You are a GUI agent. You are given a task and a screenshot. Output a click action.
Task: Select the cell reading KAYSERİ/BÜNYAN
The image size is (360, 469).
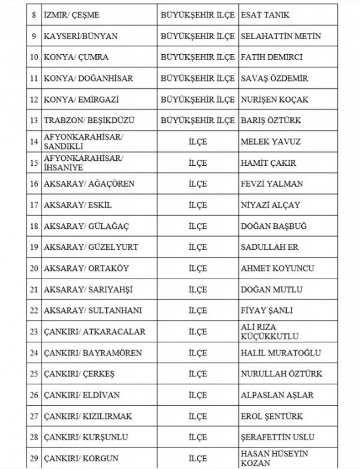80,35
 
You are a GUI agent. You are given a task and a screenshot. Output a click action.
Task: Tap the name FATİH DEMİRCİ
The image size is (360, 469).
271,57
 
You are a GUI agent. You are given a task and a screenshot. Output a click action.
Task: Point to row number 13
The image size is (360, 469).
34,120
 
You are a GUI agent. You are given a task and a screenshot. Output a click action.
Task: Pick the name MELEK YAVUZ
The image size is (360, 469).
270,142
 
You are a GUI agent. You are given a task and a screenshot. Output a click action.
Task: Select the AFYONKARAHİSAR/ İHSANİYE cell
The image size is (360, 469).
83,163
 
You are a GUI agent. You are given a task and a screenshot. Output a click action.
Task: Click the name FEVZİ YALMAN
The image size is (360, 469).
271,184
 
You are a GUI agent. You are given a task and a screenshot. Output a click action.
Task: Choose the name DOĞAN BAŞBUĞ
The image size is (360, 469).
273,226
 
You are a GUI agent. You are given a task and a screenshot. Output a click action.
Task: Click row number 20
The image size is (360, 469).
34,268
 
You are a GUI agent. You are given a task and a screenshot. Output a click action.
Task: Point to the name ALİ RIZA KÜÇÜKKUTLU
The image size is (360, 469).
269,331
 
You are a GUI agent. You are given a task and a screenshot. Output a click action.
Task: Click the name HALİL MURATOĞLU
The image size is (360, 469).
280,353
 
